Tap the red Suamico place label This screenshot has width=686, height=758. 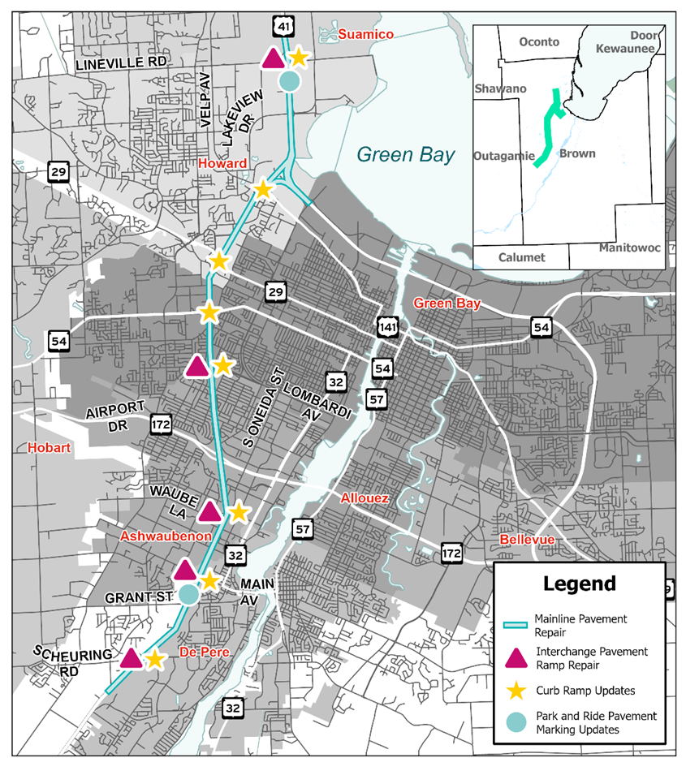(365, 34)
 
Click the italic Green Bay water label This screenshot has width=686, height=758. (406, 154)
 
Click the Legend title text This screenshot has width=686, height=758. (579, 584)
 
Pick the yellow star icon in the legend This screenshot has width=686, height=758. (516, 691)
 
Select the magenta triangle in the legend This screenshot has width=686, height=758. (516, 658)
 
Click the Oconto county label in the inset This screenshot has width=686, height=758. (539, 42)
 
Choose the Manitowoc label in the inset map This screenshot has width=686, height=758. (629, 247)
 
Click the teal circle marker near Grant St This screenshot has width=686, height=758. (188, 594)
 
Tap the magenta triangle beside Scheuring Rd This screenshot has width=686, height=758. (132, 658)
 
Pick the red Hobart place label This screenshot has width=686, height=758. (45, 447)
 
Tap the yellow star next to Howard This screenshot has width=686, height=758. (262, 189)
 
